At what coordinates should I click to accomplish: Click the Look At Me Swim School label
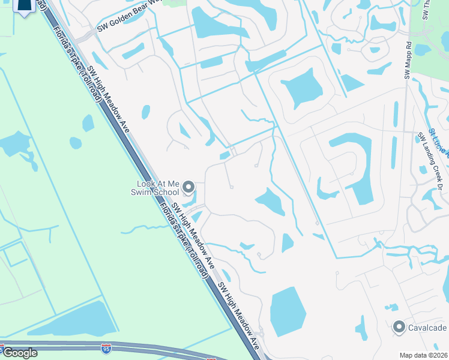point(158,188)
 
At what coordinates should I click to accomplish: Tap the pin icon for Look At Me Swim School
point(188,187)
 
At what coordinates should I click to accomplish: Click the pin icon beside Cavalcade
point(399,327)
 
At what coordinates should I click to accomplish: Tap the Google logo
point(20,353)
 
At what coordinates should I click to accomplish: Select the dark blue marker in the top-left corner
point(23,6)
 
